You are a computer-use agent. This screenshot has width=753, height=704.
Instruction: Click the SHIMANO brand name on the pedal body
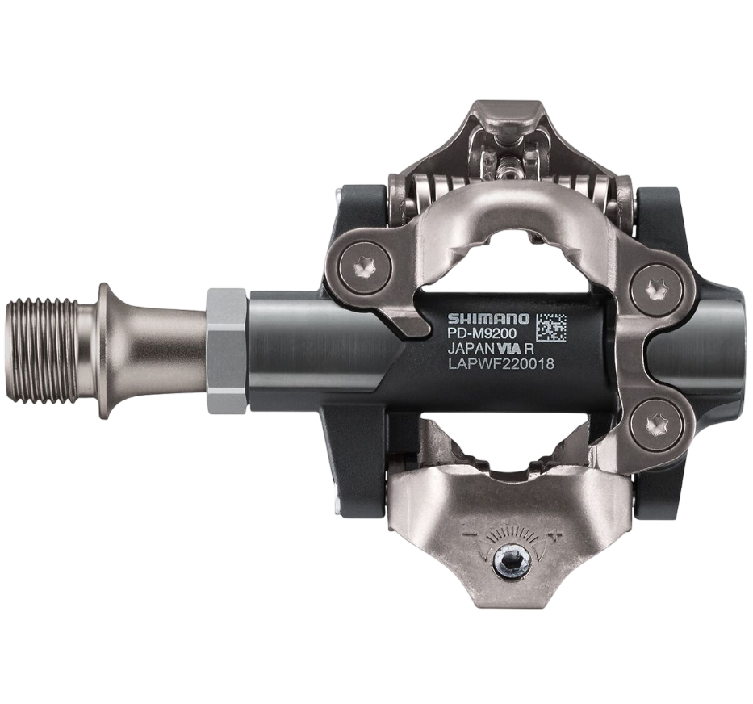point(488,319)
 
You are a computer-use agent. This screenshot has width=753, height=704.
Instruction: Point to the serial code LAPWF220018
point(501,364)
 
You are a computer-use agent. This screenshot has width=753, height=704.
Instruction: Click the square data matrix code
point(551,329)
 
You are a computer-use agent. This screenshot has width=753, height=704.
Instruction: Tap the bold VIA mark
point(512,349)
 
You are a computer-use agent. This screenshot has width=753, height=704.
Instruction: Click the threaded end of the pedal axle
point(41,350)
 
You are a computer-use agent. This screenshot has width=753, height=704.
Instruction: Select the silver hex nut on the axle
point(227,350)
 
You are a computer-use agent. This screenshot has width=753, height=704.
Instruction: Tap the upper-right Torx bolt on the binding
point(656,291)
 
